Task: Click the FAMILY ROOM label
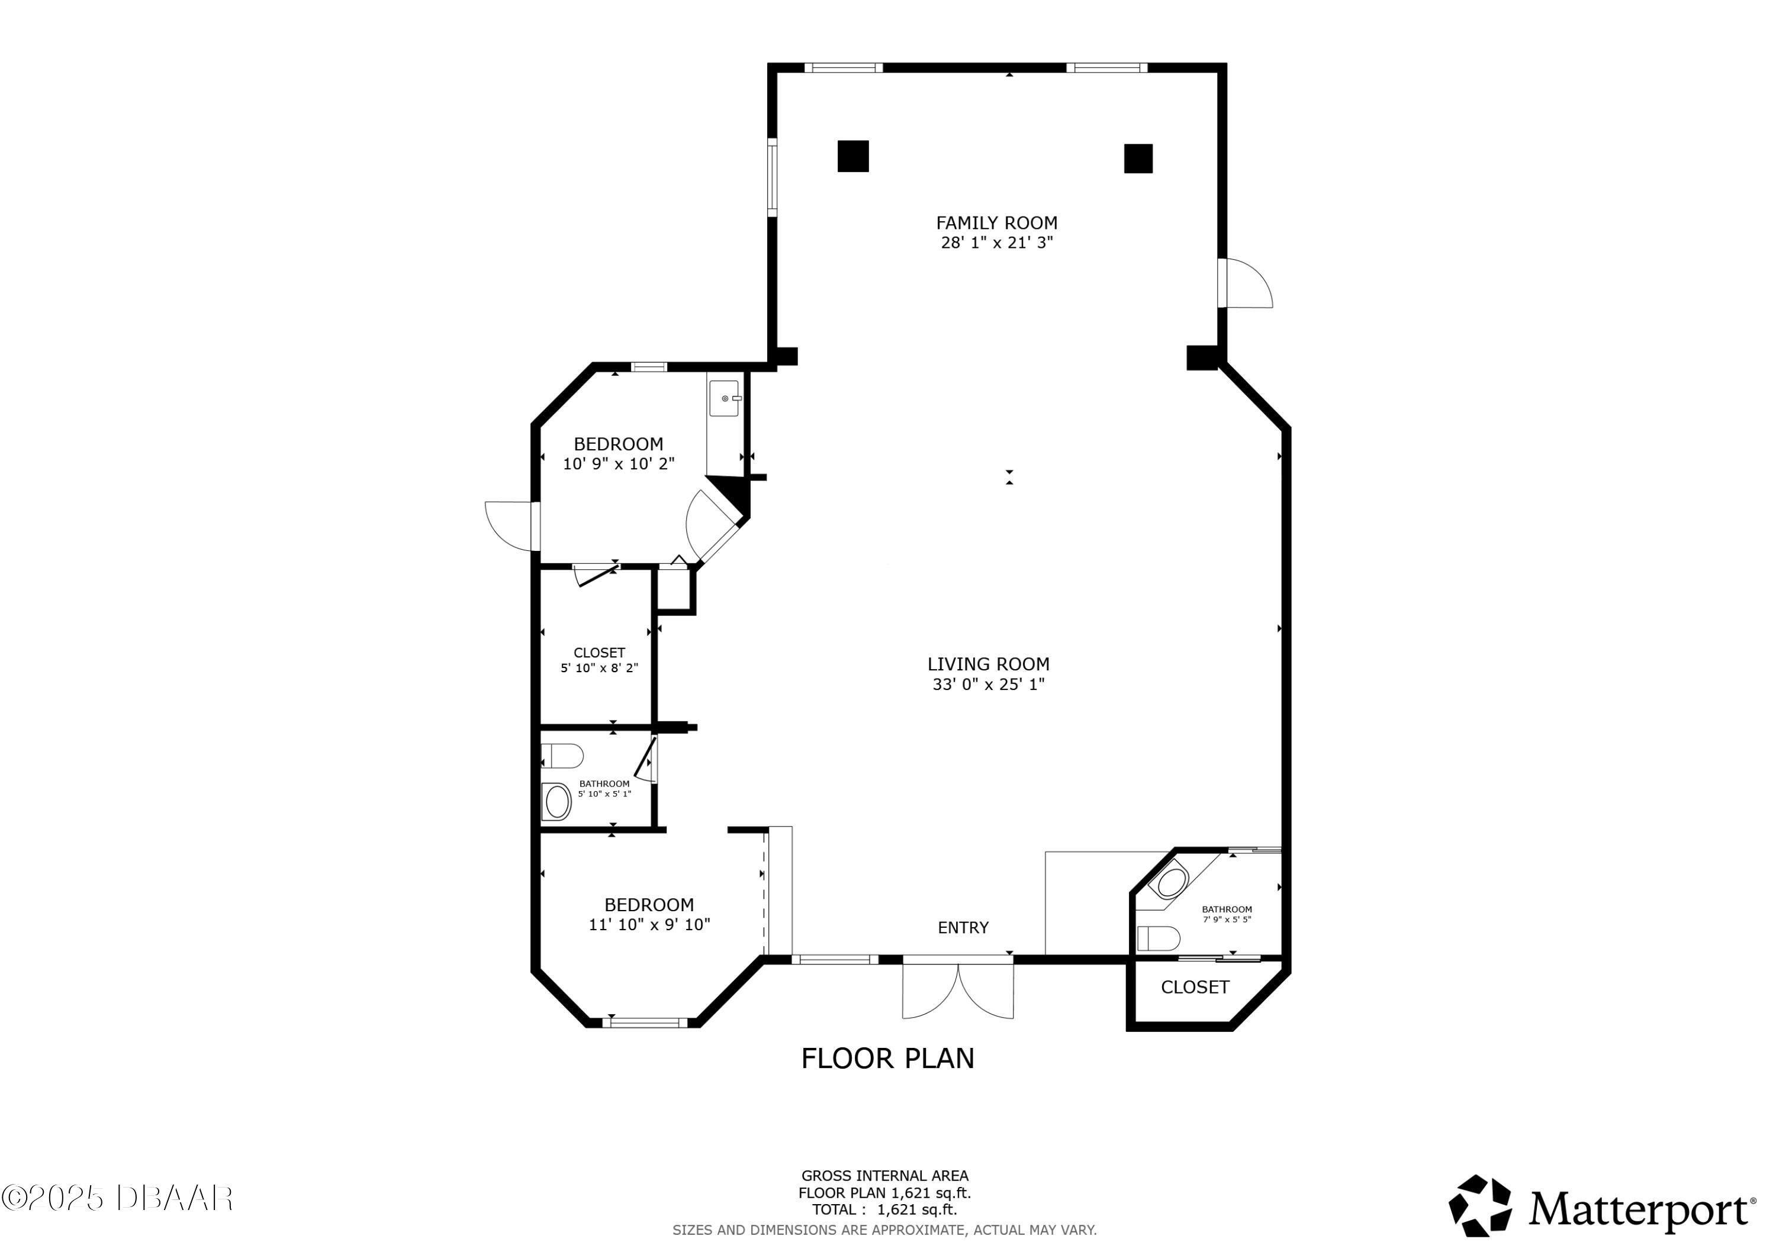[996, 222]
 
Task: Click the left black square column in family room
[852, 156]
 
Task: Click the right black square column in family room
[1137, 158]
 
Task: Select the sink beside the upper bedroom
[725, 399]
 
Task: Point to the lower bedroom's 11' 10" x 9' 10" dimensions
[649, 924]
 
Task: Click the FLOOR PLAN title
[887, 1058]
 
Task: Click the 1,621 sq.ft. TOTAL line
[884, 1209]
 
